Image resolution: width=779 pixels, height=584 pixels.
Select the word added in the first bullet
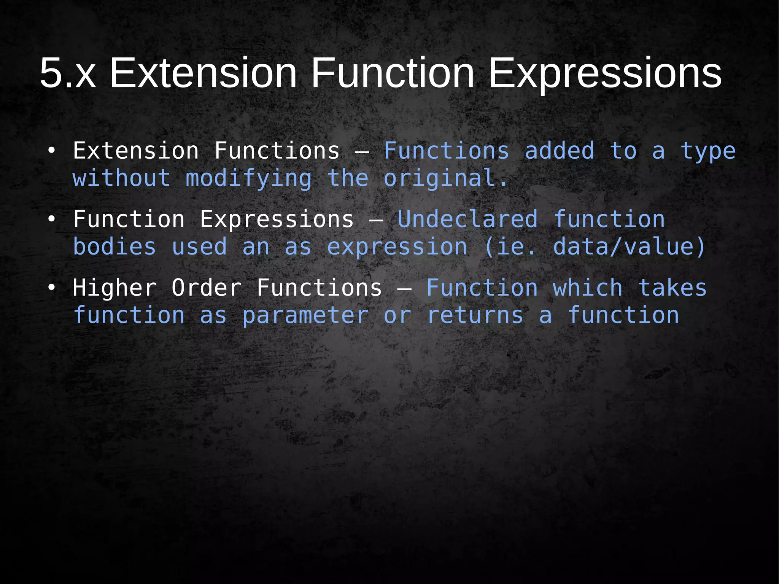tap(559, 151)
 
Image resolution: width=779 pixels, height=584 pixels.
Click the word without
tap(121, 178)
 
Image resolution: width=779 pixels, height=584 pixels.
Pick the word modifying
tap(248, 178)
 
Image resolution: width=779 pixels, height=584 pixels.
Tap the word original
tap(445, 178)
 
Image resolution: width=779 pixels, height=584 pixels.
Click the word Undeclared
tap(467, 220)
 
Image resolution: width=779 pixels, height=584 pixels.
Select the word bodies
tap(114, 247)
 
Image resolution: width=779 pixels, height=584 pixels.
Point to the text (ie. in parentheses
tap(510, 247)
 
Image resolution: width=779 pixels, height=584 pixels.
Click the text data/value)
tap(629, 247)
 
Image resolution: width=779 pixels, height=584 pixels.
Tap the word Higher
tap(114, 288)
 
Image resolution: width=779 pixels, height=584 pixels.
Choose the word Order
tap(206, 288)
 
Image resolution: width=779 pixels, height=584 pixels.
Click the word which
tap(588, 288)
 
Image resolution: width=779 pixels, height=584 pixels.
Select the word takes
tap(672, 288)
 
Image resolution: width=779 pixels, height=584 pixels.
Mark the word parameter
tap(305, 315)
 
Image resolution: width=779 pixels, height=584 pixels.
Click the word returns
tap(475, 315)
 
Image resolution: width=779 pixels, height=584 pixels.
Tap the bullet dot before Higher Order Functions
tap(51, 288)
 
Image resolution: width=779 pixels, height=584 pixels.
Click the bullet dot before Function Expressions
tap(51, 220)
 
